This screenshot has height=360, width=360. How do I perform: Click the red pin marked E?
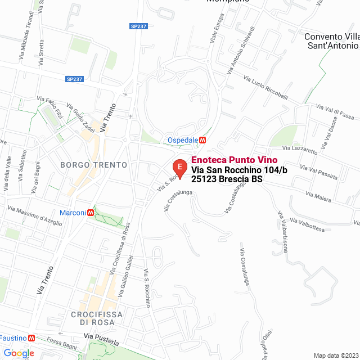179,168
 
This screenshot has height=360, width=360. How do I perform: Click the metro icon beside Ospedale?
202,139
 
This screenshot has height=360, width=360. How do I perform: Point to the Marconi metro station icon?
90,213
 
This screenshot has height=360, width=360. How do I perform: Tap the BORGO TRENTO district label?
93,165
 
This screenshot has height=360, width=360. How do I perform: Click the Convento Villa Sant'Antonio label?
332,41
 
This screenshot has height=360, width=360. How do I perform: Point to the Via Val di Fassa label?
335,111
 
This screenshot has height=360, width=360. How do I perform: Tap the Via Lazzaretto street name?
300,150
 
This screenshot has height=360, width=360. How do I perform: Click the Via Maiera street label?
319,196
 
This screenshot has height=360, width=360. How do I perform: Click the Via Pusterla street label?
102,339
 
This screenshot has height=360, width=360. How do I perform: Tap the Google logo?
18,353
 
